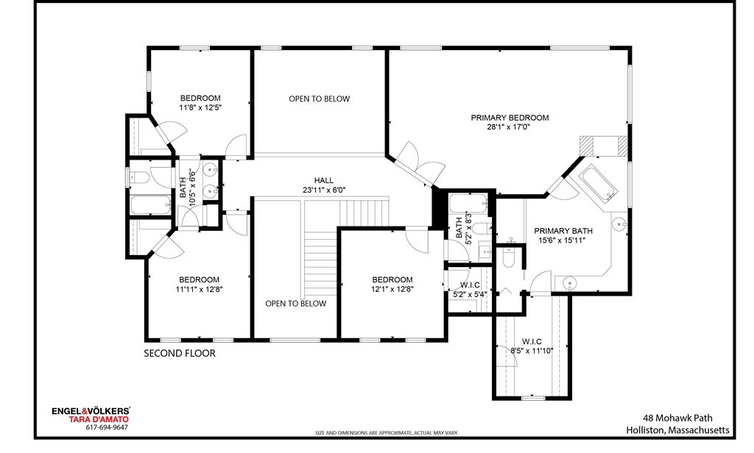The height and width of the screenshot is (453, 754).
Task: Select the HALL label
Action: [323, 180]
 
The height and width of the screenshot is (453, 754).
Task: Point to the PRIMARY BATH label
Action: [563, 230]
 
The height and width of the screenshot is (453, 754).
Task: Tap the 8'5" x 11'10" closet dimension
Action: [532, 351]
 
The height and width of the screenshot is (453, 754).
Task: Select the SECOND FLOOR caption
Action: [180, 354]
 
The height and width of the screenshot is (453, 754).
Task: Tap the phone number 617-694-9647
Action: [107, 427]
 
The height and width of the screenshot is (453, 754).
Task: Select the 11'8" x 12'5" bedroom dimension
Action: [200, 107]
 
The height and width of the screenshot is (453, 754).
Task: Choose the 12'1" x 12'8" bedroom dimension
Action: [392, 289]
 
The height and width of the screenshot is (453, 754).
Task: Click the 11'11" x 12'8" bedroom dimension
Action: [199, 289]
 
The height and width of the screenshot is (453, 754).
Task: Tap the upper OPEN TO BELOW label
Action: [319, 99]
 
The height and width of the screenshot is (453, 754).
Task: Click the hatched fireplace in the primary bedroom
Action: [603, 146]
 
